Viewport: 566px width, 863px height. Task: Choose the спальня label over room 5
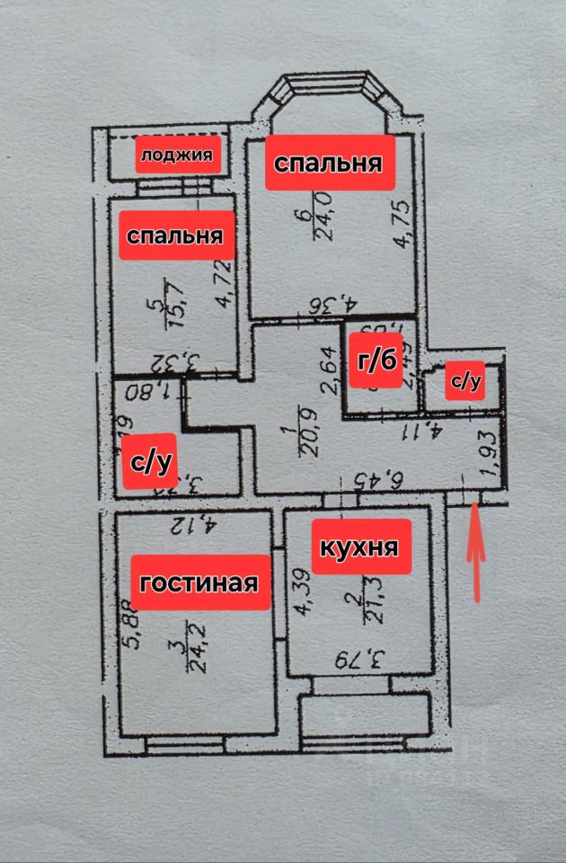coord(175,236)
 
